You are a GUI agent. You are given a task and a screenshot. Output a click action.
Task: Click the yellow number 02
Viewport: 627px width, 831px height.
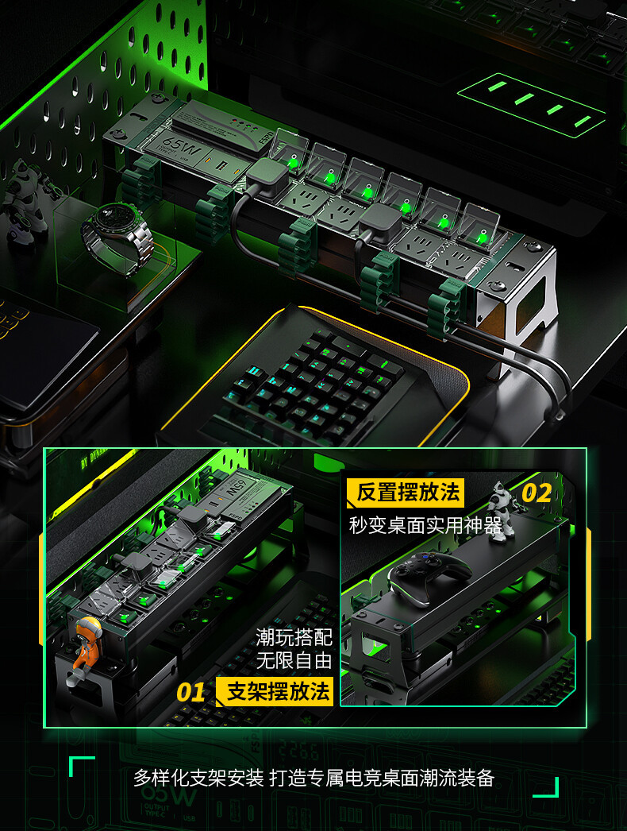pos(537,493)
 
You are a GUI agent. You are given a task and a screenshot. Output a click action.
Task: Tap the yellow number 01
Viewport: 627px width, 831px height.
pos(190,692)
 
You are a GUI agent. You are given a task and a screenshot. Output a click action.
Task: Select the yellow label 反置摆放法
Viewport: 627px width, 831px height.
pos(407,493)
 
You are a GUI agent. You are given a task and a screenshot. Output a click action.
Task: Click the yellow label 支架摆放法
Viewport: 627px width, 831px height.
pos(277,691)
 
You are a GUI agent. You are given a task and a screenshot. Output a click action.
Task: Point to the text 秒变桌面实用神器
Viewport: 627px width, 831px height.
pos(425,525)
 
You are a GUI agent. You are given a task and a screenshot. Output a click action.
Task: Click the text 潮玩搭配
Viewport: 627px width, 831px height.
pos(293,637)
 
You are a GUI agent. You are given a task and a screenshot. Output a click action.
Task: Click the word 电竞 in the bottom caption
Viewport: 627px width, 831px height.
pos(385,778)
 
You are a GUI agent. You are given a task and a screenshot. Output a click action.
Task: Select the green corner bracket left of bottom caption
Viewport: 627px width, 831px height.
pos(80,767)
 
